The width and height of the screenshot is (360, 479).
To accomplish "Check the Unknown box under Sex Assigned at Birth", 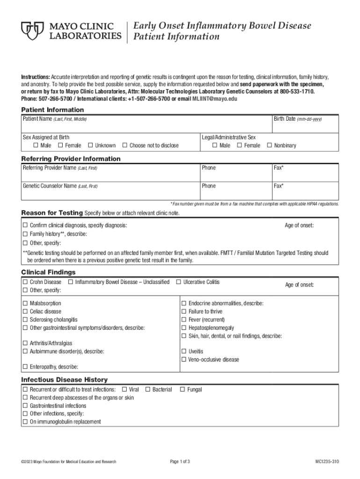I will coord(91,145).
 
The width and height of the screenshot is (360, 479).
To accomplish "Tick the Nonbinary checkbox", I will coord(269,145).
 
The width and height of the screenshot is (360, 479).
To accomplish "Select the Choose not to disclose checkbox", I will coord(125,145).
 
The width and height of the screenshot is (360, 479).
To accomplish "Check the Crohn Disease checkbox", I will coord(26,282).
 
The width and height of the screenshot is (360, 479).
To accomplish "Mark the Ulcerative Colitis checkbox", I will coord(179,282).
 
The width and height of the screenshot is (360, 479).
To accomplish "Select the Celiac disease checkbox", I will coord(26,312).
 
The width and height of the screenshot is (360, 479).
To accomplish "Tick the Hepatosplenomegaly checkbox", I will coord(184,328).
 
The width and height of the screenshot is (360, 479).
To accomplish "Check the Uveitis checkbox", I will coord(184,351).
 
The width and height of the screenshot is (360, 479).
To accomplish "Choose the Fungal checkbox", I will coord(183,389).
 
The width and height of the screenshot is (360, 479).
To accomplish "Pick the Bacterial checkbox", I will coord(148,389).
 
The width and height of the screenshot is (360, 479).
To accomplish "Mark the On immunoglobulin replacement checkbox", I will coord(26,421).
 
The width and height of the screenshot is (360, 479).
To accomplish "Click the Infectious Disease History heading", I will coord(65,380).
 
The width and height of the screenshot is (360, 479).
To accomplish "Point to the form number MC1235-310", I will coord(327,462).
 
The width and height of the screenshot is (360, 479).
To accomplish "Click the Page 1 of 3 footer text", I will coord(180,462).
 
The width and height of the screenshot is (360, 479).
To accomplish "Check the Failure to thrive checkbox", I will coord(184,312).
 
